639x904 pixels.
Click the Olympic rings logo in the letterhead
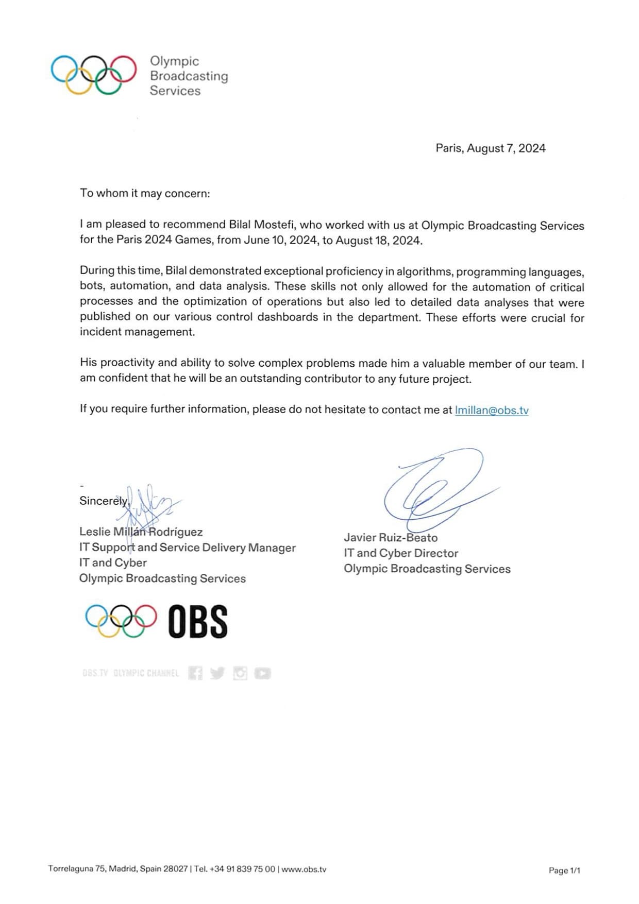[93, 75]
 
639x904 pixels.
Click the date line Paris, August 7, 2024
[490, 148]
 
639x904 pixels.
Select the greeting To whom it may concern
[145, 193]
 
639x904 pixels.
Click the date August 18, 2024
[378, 241]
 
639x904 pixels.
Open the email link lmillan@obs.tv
[491, 410]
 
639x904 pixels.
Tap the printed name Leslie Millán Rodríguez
[141, 532]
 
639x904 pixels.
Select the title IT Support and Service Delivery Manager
[187, 547]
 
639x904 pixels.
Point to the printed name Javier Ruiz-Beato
[391, 537]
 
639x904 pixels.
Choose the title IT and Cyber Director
[401, 553]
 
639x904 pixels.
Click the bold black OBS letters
[197, 621]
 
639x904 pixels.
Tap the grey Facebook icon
[195, 673]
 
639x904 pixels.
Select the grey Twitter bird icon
[217, 673]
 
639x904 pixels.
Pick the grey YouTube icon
[262, 673]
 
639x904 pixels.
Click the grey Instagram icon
[240, 673]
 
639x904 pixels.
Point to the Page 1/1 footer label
[564, 870]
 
